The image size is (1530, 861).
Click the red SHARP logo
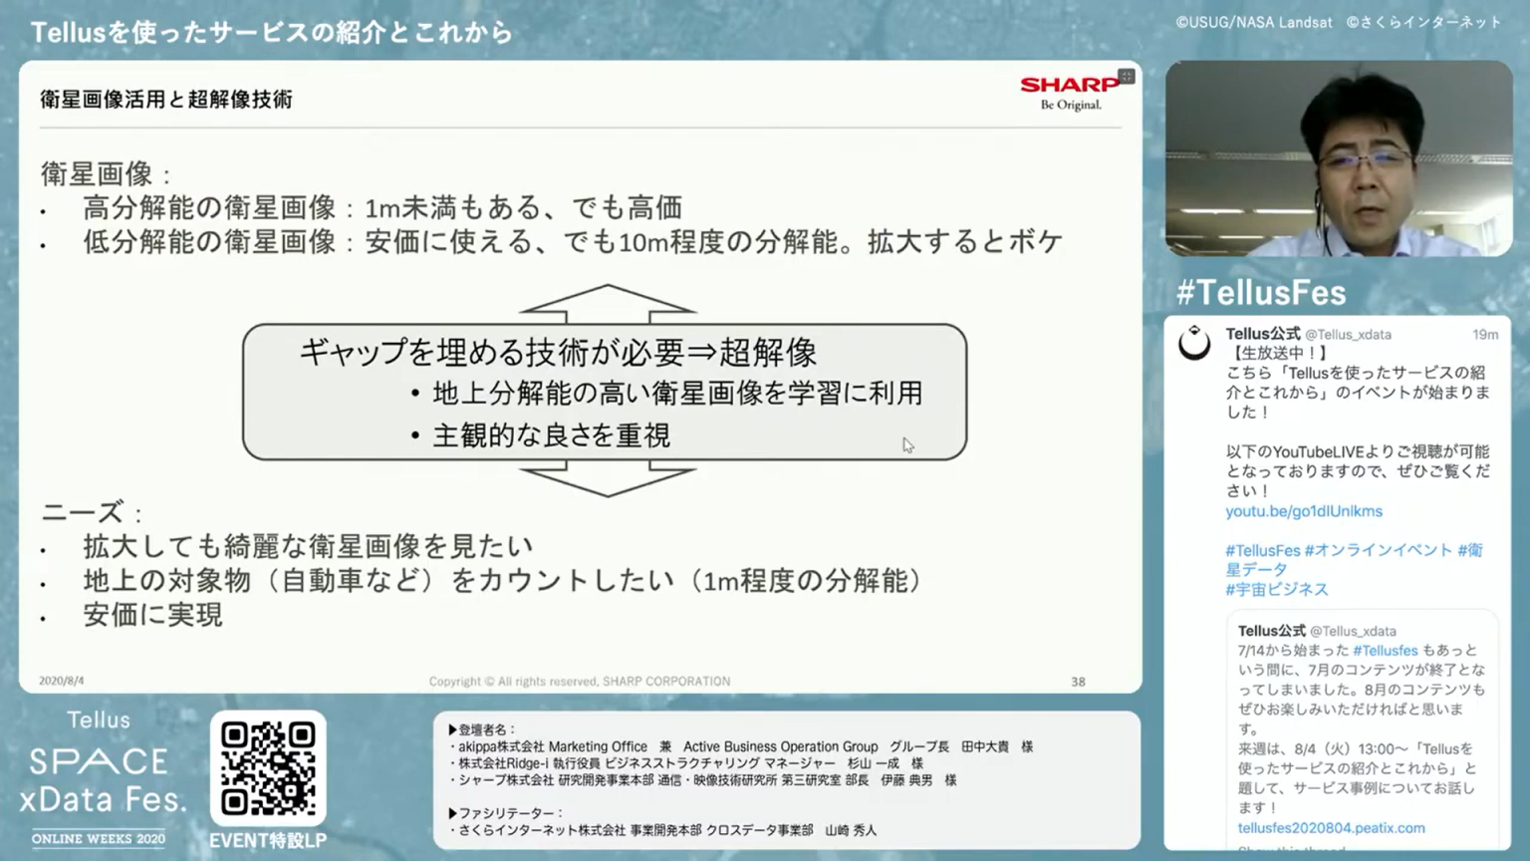[x=1070, y=84]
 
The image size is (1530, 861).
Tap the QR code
[x=268, y=767]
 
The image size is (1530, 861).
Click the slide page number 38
[x=1078, y=682]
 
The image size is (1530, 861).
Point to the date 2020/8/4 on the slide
[x=62, y=681]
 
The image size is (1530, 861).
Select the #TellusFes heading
[x=1261, y=292]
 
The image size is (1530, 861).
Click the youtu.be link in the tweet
[x=1303, y=511]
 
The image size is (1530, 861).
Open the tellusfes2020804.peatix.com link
[x=1331, y=828]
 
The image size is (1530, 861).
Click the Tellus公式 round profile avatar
[x=1194, y=343]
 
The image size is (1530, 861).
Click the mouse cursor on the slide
[x=907, y=445]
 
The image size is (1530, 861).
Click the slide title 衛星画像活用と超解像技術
[x=166, y=100]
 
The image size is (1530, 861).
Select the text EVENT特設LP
[x=268, y=840]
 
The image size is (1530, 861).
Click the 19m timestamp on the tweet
[x=1485, y=334]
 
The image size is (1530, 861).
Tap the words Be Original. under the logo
[x=1071, y=105]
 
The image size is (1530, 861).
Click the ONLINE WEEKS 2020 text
[x=99, y=838]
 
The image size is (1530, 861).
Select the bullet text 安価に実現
[x=153, y=614]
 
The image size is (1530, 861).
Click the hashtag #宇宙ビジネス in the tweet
[x=1277, y=589]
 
